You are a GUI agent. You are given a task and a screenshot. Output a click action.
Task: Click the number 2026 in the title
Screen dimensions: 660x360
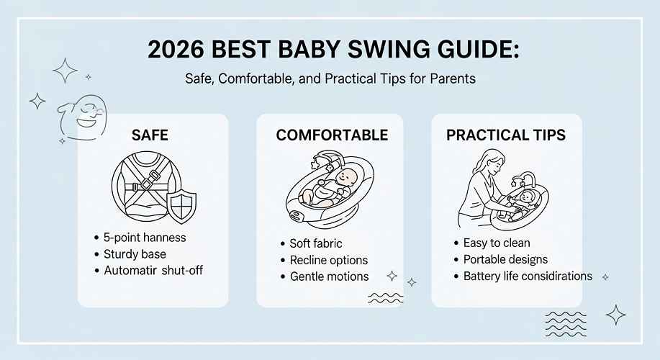click(176, 50)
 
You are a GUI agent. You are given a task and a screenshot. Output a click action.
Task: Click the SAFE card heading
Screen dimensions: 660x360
click(150, 135)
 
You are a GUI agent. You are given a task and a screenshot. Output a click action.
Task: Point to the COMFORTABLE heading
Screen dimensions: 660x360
click(332, 135)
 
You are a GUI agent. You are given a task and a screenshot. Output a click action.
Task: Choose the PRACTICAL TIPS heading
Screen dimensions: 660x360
click(506, 135)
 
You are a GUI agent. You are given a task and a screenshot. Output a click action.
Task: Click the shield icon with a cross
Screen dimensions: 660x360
click(181, 207)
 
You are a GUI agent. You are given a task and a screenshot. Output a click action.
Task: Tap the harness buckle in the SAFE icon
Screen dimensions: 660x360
click(147, 184)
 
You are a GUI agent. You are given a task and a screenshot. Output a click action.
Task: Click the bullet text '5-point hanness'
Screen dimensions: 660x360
click(145, 238)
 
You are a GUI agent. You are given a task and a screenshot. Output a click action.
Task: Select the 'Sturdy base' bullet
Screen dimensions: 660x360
click(135, 254)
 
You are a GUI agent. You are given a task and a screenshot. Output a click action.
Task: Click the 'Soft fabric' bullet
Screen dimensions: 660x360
click(316, 243)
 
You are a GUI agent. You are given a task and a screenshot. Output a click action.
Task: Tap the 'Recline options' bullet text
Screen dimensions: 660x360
click(329, 260)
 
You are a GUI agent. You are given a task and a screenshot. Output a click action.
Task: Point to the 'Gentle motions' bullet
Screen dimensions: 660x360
click(329, 276)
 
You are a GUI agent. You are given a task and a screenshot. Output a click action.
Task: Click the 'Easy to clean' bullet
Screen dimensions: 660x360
click(497, 243)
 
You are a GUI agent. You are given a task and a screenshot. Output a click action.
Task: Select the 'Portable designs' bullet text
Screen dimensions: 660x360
click(505, 259)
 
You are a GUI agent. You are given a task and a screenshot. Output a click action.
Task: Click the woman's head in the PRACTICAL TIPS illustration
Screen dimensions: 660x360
click(493, 161)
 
